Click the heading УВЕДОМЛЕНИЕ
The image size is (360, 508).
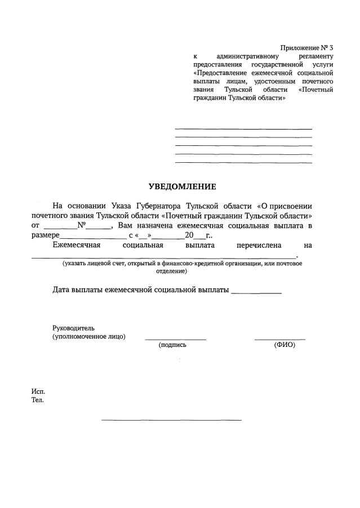click(x=182, y=186)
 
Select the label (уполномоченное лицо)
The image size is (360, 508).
click(x=89, y=336)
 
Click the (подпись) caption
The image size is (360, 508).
click(x=172, y=345)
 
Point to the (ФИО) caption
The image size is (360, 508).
click(x=285, y=345)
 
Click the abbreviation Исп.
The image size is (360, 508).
click(x=38, y=391)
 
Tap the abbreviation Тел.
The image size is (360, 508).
click(x=37, y=400)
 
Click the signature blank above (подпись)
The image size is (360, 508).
click(x=175, y=339)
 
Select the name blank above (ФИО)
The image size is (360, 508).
click(x=279, y=339)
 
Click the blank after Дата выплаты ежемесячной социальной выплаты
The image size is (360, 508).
click(x=256, y=293)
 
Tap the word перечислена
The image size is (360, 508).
click(x=255, y=246)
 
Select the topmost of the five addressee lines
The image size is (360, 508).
click(x=243, y=129)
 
